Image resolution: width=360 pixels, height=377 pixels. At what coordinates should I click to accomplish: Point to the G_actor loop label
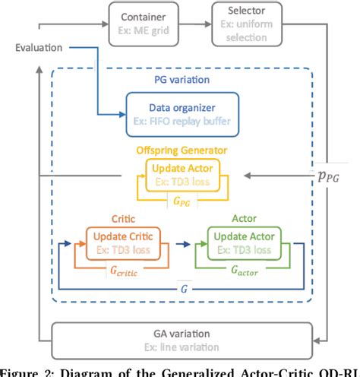[239, 269]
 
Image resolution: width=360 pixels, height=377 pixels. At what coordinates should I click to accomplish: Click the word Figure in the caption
[21, 372]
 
